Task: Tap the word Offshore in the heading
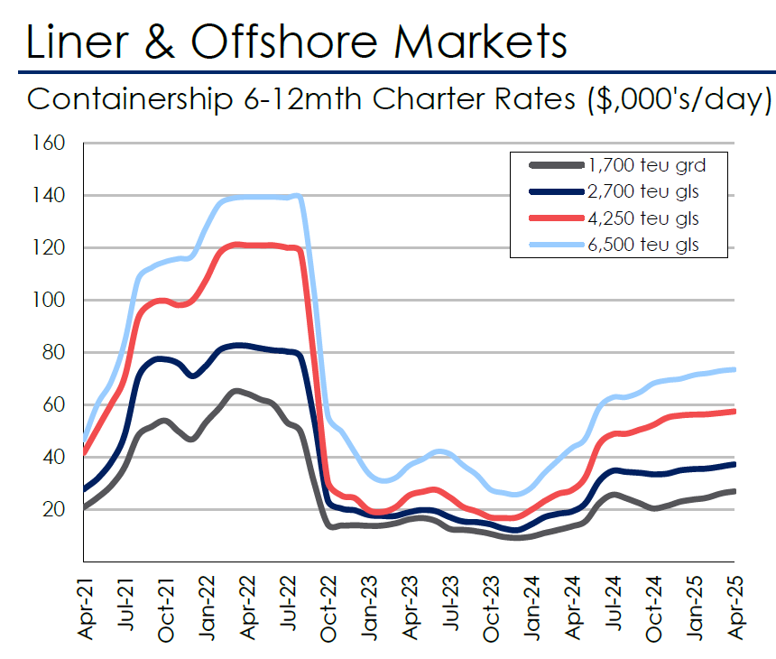click(x=319, y=40)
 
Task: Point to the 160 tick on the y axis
click(x=51, y=144)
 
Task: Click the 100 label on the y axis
click(x=51, y=301)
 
